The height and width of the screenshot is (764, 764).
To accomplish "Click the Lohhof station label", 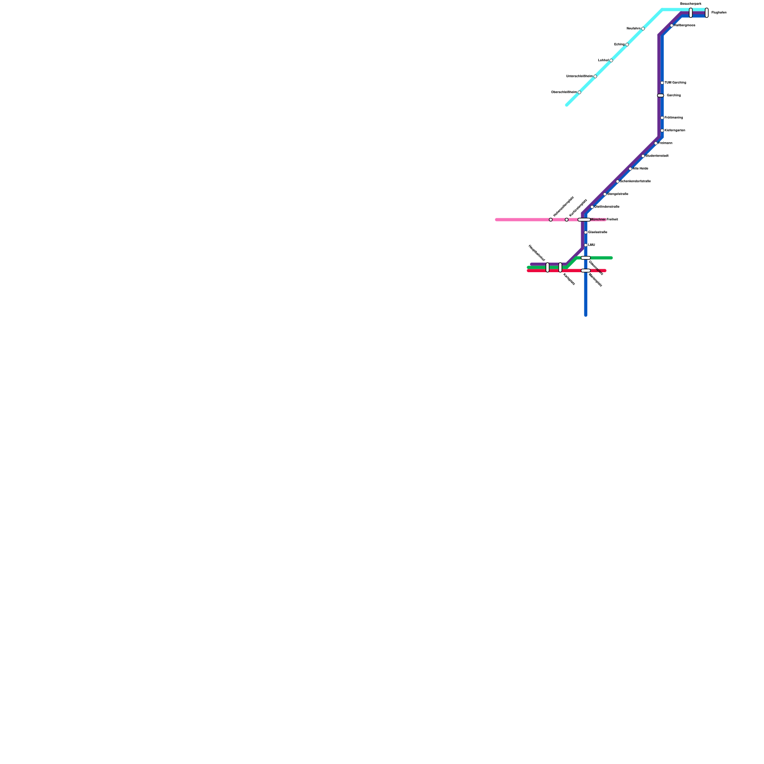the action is (603, 61).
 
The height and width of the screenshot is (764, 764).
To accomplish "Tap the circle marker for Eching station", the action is (627, 44).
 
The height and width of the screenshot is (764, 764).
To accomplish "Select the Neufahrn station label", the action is (633, 29).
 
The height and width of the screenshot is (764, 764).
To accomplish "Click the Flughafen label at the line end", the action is (719, 13).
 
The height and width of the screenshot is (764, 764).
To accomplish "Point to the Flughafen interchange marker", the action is (707, 13).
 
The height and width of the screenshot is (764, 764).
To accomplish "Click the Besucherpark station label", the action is (690, 4).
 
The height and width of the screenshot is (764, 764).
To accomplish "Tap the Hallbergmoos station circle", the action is (672, 25).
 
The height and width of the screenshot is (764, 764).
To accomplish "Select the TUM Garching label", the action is (675, 83).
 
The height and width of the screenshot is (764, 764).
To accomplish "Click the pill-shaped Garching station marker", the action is (660, 95).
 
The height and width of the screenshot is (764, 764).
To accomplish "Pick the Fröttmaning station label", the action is (674, 117).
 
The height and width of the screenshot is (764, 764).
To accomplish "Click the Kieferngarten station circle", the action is (662, 130).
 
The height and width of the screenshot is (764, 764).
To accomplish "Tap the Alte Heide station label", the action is (641, 169).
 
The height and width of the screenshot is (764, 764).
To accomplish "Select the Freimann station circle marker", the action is (656, 143).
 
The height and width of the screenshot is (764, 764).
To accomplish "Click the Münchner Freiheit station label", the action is (604, 220).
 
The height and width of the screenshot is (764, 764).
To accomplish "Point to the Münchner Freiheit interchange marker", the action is (584, 220).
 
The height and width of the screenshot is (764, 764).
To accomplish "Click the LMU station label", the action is (592, 245).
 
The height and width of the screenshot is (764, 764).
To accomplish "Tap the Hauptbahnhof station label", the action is (536, 253).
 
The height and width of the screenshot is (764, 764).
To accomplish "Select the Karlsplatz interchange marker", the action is (561, 267).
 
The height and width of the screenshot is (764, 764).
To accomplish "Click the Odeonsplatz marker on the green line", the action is (585, 258).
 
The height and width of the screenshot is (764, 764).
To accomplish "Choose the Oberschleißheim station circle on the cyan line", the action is (579, 92).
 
